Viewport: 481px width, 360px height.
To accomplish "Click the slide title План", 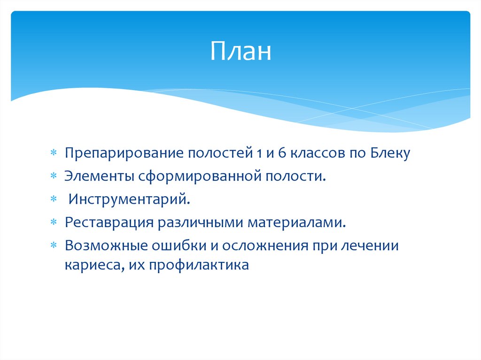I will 240,52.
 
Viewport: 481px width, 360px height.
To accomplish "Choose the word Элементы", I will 99,176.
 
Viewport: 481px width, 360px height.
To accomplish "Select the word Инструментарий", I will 130,199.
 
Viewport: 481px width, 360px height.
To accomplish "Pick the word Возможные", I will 105,245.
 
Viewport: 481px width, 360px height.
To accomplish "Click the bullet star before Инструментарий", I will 54,199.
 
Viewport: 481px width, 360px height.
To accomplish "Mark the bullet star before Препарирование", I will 54,153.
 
